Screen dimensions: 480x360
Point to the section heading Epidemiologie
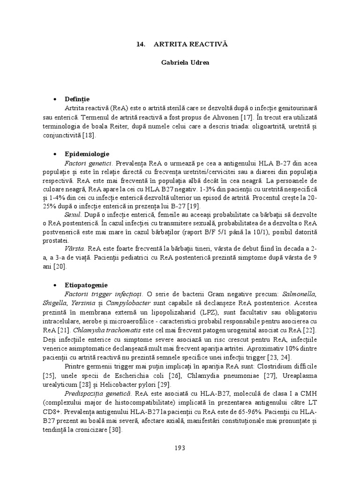(88, 154)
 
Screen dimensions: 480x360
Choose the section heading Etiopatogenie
(87, 285)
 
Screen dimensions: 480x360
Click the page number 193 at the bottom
(180, 448)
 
